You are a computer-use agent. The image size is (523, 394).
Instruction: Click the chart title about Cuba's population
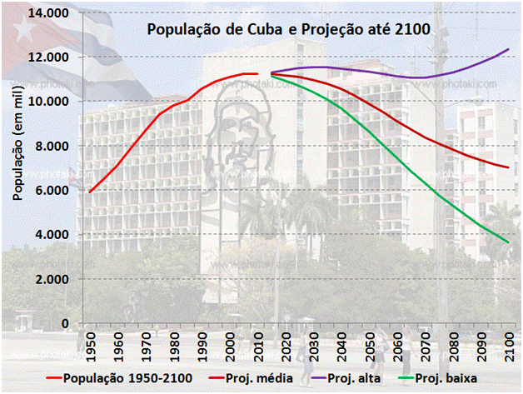pos(288,30)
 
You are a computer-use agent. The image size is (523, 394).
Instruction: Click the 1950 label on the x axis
pos(90,344)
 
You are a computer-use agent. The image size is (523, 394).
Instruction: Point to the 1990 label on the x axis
pos(201,344)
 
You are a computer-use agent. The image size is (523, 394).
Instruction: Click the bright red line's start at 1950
pos(89,192)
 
